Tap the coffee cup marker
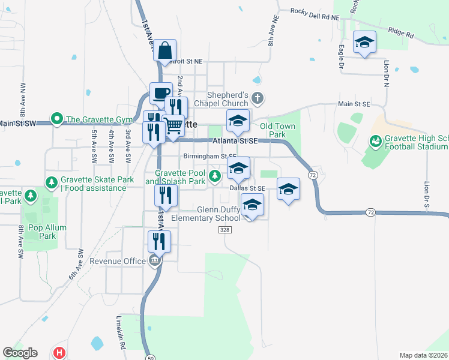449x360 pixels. pyautogui.click(x=161, y=93)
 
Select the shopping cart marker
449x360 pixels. pyautogui.click(x=173, y=125)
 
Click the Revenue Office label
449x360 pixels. pyautogui.click(x=118, y=261)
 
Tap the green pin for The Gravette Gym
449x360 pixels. pyautogui.click(x=57, y=118)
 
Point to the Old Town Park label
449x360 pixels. pyautogui.click(x=277, y=131)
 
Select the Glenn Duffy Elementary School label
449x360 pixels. pyautogui.click(x=206, y=214)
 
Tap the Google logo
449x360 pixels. pyautogui.click(x=20, y=353)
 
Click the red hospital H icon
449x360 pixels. pyautogui.click(x=59, y=353)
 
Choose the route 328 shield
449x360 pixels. pyautogui.click(x=224, y=230)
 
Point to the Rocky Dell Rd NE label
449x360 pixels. pyautogui.click(x=315, y=11)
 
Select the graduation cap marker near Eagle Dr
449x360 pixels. pyautogui.click(x=364, y=41)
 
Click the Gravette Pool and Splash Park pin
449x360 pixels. pyautogui.click(x=215, y=176)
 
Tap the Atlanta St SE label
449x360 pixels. pyautogui.click(x=235, y=140)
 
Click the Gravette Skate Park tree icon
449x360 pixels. pyautogui.click(x=52, y=181)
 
